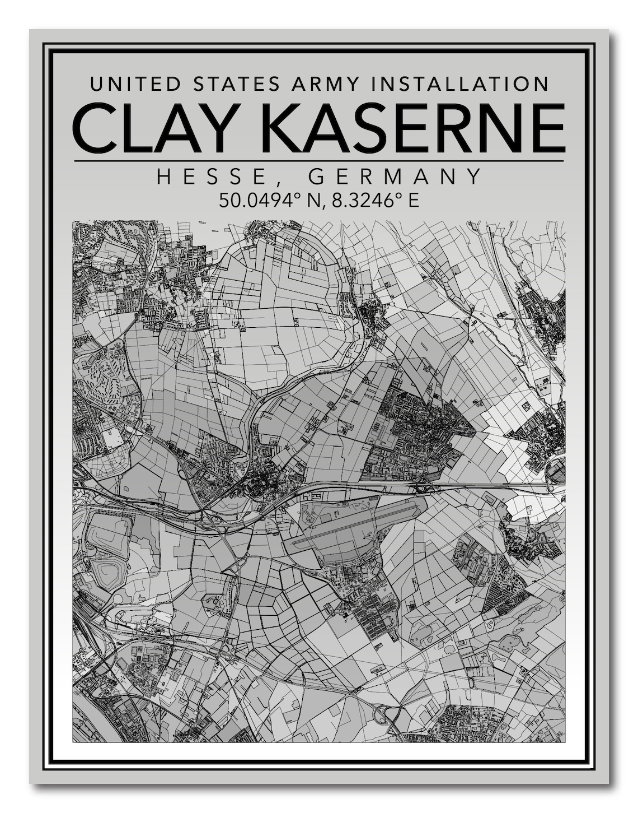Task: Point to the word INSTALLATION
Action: point(461,84)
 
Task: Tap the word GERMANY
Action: point(395,177)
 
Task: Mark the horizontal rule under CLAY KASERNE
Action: point(319,161)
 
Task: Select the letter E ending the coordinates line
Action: point(414,200)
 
